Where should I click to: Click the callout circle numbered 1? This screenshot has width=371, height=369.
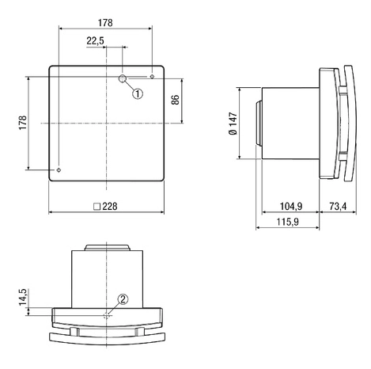point(138,93)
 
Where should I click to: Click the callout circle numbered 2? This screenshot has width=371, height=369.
point(123,299)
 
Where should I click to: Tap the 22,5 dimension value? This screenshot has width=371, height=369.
point(95,41)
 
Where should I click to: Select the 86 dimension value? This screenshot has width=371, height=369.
point(176,100)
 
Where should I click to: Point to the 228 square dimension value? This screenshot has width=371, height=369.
point(110,206)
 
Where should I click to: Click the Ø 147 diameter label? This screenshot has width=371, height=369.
point(233,124)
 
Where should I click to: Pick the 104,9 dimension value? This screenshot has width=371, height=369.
point(291,206)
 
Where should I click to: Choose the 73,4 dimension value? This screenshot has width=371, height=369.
point(338,206)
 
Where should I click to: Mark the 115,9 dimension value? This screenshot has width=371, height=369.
point(288,222)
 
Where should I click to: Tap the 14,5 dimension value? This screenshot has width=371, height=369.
point(23,297)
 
